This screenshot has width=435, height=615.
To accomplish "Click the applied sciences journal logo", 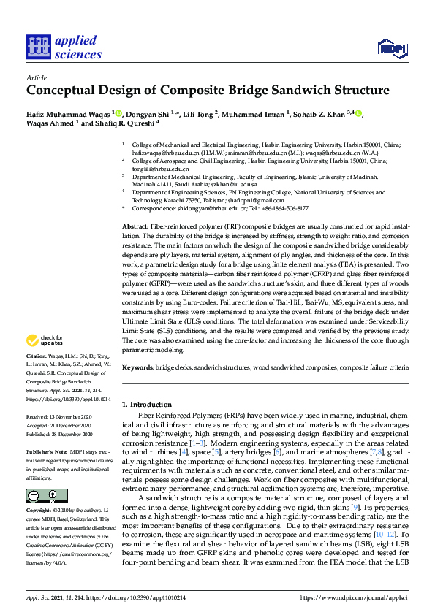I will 63,46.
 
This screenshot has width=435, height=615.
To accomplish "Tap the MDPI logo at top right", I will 392,49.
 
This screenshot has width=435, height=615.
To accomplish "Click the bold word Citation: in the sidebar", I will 37,357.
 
